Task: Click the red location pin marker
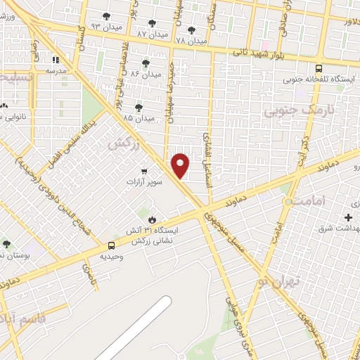click(181, 165)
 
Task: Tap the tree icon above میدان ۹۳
click(106, 15)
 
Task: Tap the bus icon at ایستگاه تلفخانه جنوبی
click(319, 69)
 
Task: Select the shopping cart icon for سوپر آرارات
click(144, 171)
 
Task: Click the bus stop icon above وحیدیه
click(112, 245)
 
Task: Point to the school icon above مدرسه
click(56, 60)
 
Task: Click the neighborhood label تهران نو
click(277, 281)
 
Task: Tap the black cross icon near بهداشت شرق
click(348, 217)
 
